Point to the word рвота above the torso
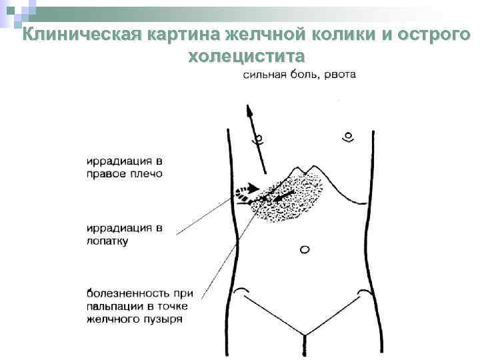pos(340,75)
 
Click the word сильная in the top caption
pos(265,75)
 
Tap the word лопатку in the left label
pos(107,241)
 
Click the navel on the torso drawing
pos(305,250)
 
